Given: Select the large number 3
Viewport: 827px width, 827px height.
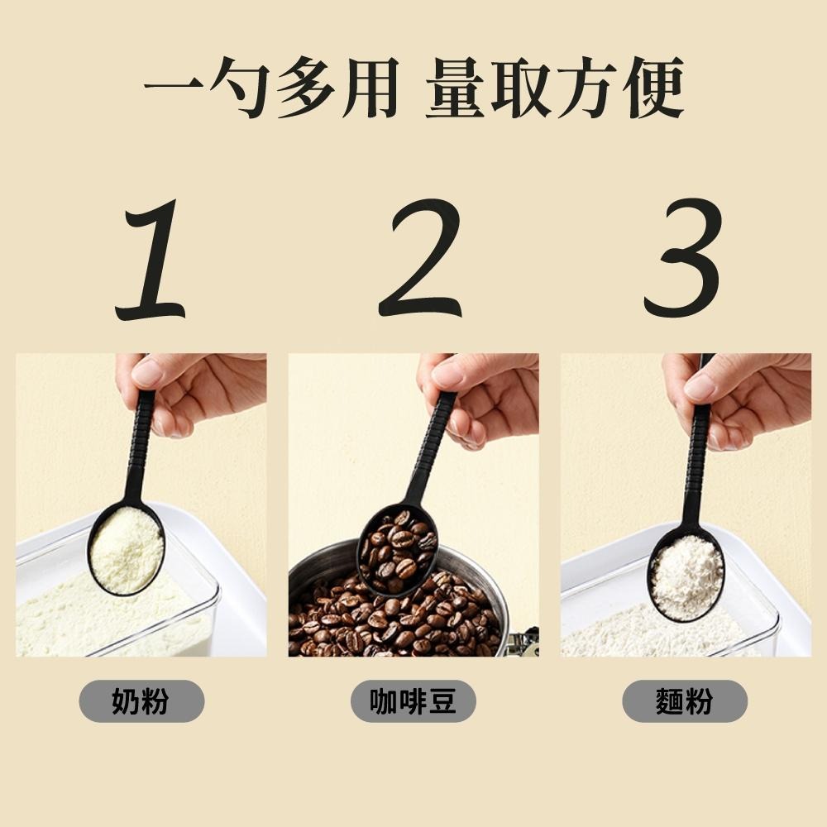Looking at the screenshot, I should [683, 261].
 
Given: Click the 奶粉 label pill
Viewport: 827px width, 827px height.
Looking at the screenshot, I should [141, 702].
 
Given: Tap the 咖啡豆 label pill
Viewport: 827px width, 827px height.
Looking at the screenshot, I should [413, 702].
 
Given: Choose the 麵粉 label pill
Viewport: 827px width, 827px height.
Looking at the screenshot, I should [684, 702].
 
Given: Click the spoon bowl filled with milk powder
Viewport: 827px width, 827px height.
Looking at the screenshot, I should [126, 549].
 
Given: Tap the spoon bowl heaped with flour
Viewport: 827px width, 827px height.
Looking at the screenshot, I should [686, 576].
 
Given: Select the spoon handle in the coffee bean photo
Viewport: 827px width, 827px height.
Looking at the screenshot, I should [431, 447].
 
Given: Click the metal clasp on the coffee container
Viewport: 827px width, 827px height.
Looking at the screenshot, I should [523, 642].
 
